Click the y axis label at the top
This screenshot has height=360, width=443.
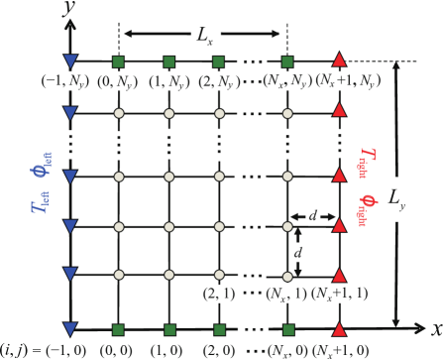pos(69,8)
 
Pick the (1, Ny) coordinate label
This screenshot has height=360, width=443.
pos(170,81)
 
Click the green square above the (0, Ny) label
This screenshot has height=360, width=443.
pos(118,61)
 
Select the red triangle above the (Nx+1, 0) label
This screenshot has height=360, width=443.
pos(340,328)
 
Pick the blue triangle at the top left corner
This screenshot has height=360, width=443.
pos(69,61)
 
